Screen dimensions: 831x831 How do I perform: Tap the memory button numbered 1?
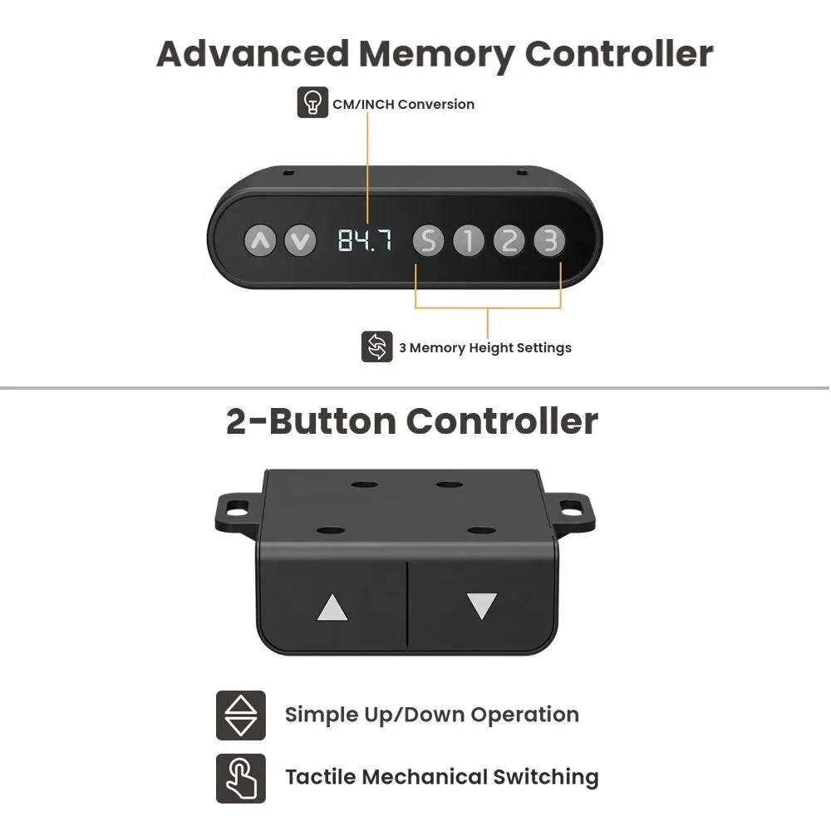pos(469,241)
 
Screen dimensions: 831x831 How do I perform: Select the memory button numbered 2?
pos(509,241)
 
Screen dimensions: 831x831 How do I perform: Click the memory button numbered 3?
pos(549,241)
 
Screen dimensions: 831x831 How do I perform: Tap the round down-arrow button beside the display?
pos(300,241)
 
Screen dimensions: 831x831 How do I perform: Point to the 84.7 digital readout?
pos(365,240)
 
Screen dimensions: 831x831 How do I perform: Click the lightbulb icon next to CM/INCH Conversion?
pos(312,102)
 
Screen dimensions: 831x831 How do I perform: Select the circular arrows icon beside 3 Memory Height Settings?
pos(376,347)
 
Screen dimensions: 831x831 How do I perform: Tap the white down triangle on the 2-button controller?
pos(482,606)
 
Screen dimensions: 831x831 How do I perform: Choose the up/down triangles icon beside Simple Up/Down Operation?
pos(241,715)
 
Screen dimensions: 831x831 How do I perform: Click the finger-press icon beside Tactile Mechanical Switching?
pos(241,778)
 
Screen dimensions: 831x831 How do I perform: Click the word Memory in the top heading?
pos(436,55)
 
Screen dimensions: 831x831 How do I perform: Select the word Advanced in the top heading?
pos(253,54)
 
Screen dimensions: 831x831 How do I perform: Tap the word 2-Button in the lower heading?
pos(311,422)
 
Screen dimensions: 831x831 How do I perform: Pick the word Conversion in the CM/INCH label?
pos(436,105)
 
